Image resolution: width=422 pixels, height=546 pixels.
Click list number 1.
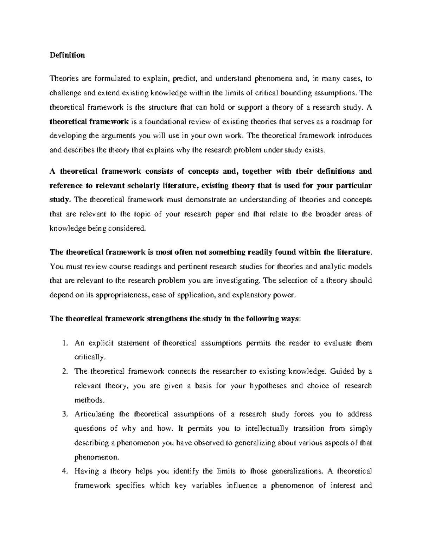[64, 343]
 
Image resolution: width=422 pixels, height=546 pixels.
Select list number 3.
[64, 414]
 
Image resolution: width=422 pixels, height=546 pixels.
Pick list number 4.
[64, 471]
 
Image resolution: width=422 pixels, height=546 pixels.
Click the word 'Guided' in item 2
[340, 371]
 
